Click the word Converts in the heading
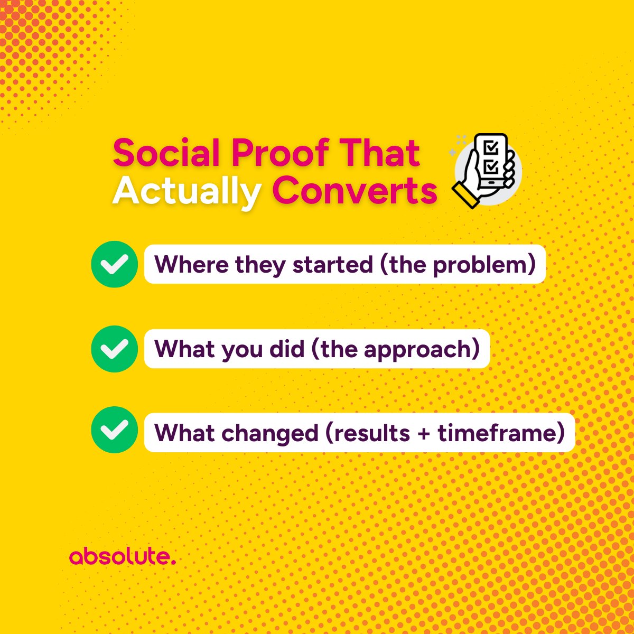tap(355, 191)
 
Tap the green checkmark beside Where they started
tap(115, 264)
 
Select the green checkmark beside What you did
tap(115, 349)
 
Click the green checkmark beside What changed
tap(115, 430)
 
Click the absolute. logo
tap(122, 556)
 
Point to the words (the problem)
tap(458, 265)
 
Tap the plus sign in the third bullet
tap(424, 434)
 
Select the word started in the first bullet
tap(333, 265)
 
